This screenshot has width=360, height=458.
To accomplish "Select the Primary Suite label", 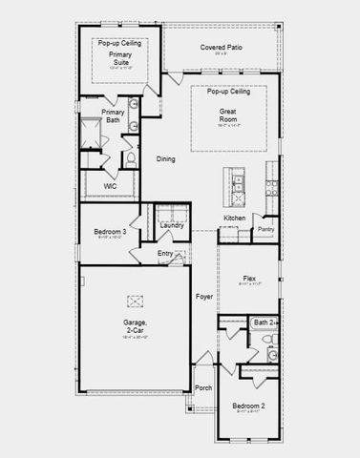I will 119,61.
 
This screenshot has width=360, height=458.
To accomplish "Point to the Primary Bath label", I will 113,116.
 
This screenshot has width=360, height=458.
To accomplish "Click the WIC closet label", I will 97,186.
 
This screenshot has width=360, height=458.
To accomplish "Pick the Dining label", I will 166,159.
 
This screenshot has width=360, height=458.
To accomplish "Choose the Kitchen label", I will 235,219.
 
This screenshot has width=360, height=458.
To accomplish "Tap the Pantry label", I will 265,229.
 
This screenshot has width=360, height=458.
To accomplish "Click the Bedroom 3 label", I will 111,232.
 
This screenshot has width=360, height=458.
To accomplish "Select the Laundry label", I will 172,225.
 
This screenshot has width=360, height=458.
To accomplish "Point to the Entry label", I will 165,253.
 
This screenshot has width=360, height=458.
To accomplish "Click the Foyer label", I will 204,297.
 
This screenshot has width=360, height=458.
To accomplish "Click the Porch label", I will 203,387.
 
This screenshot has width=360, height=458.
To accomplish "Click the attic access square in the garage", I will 136,301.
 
